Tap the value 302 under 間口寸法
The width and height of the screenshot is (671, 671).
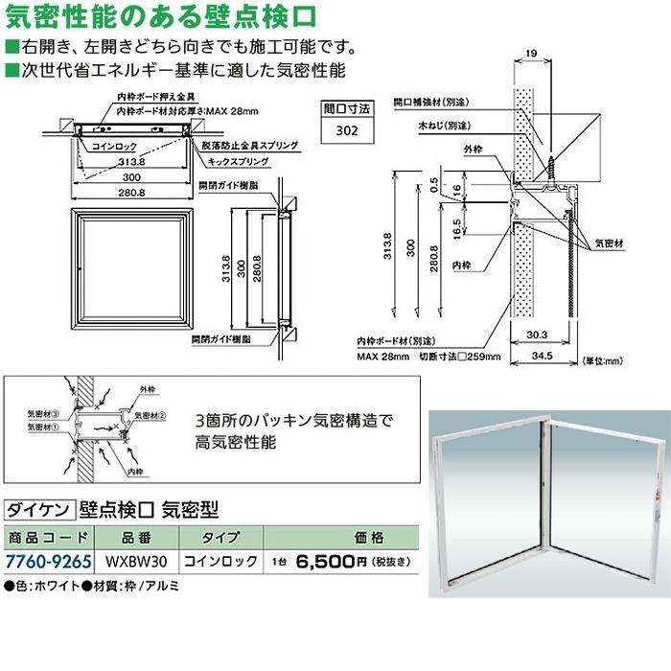coord(347,131)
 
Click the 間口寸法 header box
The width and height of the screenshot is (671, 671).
coord(347,110)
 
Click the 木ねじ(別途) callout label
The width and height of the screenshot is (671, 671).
coord(444,126)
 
